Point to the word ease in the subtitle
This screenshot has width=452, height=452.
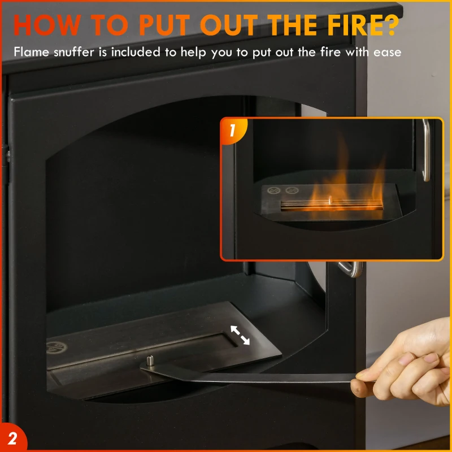point(387,53)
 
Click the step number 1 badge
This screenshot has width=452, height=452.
point(233,131)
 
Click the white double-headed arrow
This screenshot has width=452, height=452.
point(240,335)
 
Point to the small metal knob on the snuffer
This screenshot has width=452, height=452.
point(150,360)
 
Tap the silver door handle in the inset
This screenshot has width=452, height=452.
point(426,150)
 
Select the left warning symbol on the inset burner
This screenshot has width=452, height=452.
point(273,190)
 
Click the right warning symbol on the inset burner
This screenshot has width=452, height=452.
point(292,190)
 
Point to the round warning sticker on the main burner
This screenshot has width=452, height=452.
point(56,347)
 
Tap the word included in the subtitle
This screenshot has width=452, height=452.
point(136,52)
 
